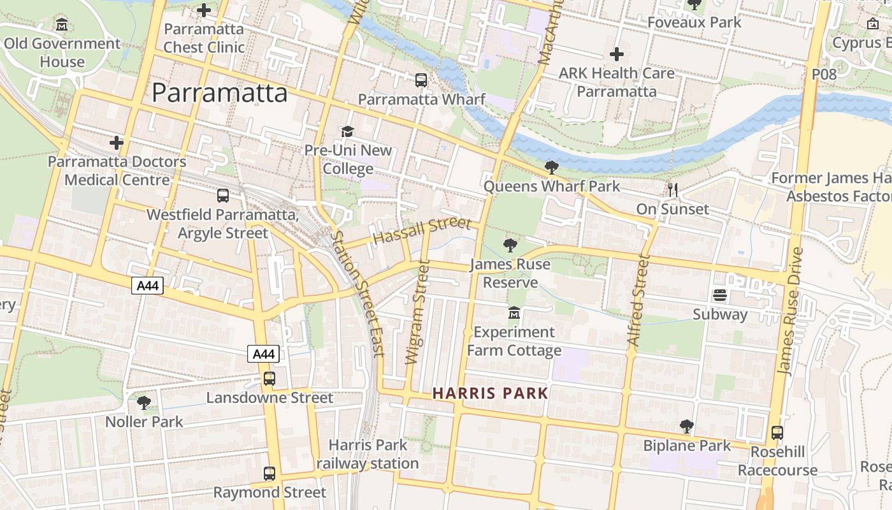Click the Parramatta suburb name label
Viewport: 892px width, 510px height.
[220, 93]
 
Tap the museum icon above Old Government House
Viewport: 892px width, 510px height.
[62, 25]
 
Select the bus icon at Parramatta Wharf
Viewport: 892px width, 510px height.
[421, 80]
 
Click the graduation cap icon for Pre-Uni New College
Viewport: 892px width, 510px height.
[347, 132]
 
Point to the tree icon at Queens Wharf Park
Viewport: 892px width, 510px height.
[552, 168]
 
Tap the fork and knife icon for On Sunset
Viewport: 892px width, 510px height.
[672, 189]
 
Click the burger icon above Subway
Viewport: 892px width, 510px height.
[720, 295]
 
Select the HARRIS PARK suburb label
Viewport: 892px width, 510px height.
[490, 393]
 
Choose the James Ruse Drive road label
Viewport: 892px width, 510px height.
[789, 311]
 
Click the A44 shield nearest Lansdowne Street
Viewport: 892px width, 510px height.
[263, 354]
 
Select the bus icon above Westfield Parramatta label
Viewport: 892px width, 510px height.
[223, 196]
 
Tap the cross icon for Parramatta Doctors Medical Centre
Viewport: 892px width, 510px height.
[117, 143]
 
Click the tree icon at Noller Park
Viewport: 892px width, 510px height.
[144, 403]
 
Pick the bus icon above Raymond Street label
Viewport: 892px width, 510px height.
[270, 474]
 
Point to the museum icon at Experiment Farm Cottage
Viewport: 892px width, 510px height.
[514, 313]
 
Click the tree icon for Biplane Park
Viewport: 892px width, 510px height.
[686, 426]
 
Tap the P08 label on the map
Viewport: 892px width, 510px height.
[824, 75]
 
